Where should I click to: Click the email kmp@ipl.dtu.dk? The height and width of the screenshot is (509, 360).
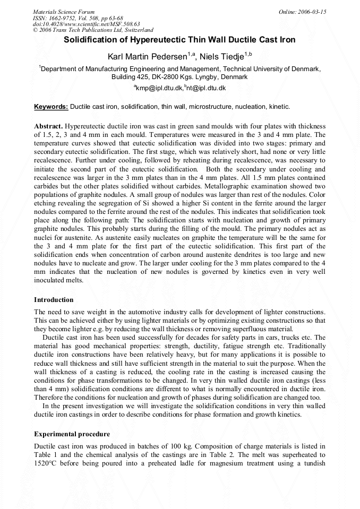(159, 88)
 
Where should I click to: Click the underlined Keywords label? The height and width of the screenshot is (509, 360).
(51, 107)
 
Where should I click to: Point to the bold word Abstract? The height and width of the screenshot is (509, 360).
(48, 126)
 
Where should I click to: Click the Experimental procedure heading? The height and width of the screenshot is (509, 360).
(72, 434)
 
